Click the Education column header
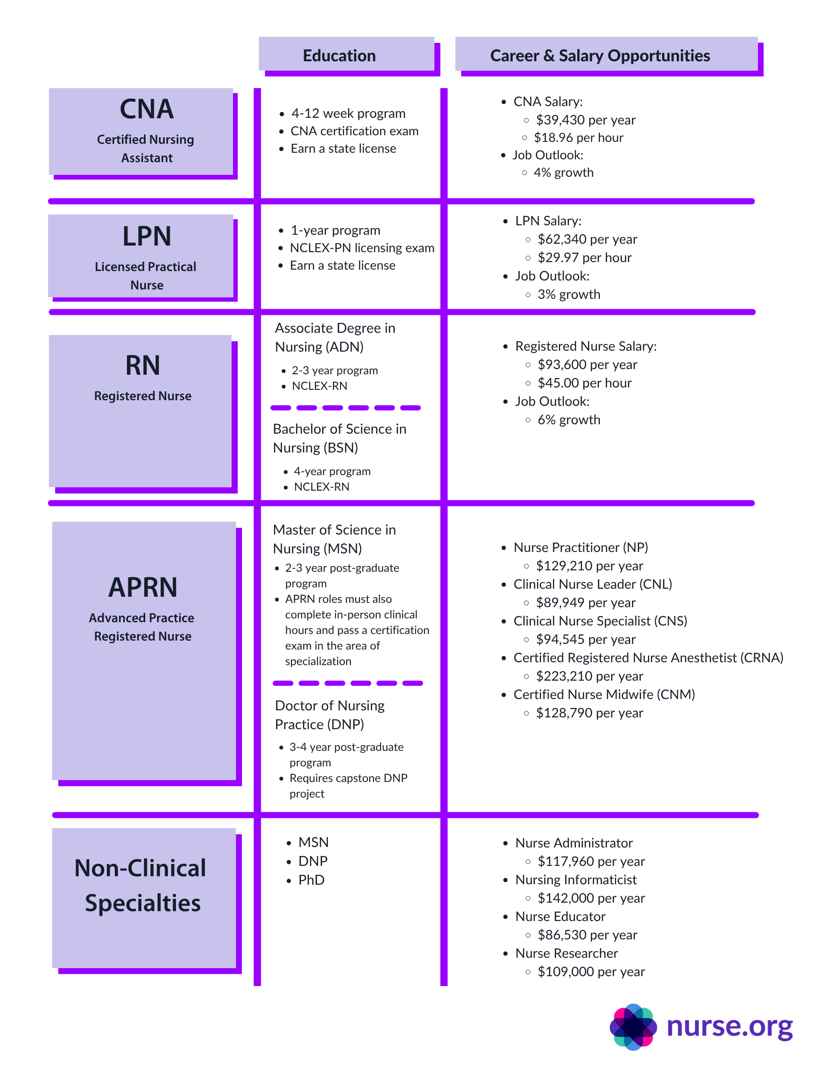[339, 56]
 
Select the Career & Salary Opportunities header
[599, 56]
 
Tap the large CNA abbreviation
[146, 109]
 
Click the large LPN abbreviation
[146, 236]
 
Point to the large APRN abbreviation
[142, 587]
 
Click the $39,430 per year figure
[586, 120]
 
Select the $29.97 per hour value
[584, 257]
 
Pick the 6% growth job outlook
[568, 420]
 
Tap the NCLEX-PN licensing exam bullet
[362, 248]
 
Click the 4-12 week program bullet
[348, 114]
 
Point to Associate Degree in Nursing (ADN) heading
[335, 337]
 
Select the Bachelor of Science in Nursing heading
[340, 438]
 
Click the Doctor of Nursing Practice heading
[330, 715]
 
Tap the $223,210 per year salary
[589, 676]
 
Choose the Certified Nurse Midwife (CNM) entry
[604, 694]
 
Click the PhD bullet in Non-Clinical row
[311, 880]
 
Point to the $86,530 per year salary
[587, 935]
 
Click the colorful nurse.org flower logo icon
[633, 1027]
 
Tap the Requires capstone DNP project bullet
[348, 786]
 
